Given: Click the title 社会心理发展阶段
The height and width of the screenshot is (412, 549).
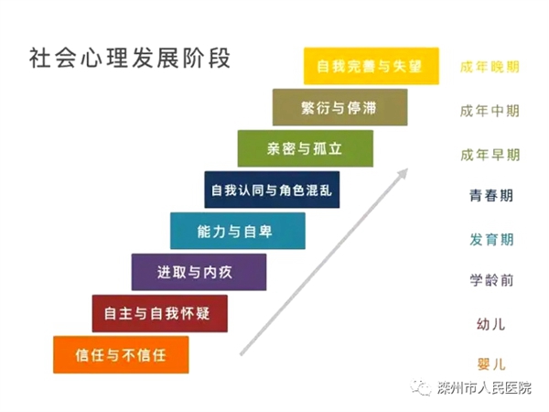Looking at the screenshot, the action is coord(130,58).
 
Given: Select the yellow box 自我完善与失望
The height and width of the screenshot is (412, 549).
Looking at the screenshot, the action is coord(371,66).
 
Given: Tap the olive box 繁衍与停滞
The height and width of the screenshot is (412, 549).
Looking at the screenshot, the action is coord(340,107).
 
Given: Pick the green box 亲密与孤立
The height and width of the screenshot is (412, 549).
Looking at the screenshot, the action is coord(306,148).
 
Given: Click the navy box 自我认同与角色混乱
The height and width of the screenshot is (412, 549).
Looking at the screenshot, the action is coord(272,190).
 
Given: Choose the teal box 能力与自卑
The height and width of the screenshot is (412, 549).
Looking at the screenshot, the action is coord(238,231).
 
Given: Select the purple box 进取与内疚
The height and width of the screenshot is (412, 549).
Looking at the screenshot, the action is coord(199,272).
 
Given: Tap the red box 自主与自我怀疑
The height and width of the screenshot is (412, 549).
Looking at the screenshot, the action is coord(159,313).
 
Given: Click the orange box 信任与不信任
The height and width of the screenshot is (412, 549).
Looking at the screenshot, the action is coord(121,355).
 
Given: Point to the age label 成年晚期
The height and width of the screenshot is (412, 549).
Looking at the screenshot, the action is coord(490,67).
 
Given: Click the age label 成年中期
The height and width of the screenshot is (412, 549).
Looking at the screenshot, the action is coord(490,111).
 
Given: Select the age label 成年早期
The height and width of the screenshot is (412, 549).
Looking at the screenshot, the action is coord(490,155).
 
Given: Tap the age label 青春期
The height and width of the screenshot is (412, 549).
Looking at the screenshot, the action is coord(491,196).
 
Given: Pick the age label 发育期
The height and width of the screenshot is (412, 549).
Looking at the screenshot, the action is coord(491,240).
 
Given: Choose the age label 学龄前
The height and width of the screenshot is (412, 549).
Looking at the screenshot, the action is coord(491,280).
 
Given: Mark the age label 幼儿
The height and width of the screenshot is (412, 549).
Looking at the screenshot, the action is coord(490,324).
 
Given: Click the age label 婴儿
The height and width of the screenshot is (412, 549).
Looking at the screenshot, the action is coord(490,364).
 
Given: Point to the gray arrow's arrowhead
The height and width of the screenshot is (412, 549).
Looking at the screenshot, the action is coord(403,173).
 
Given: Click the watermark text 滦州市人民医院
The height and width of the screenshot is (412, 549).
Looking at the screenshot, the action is coord(484,388).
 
